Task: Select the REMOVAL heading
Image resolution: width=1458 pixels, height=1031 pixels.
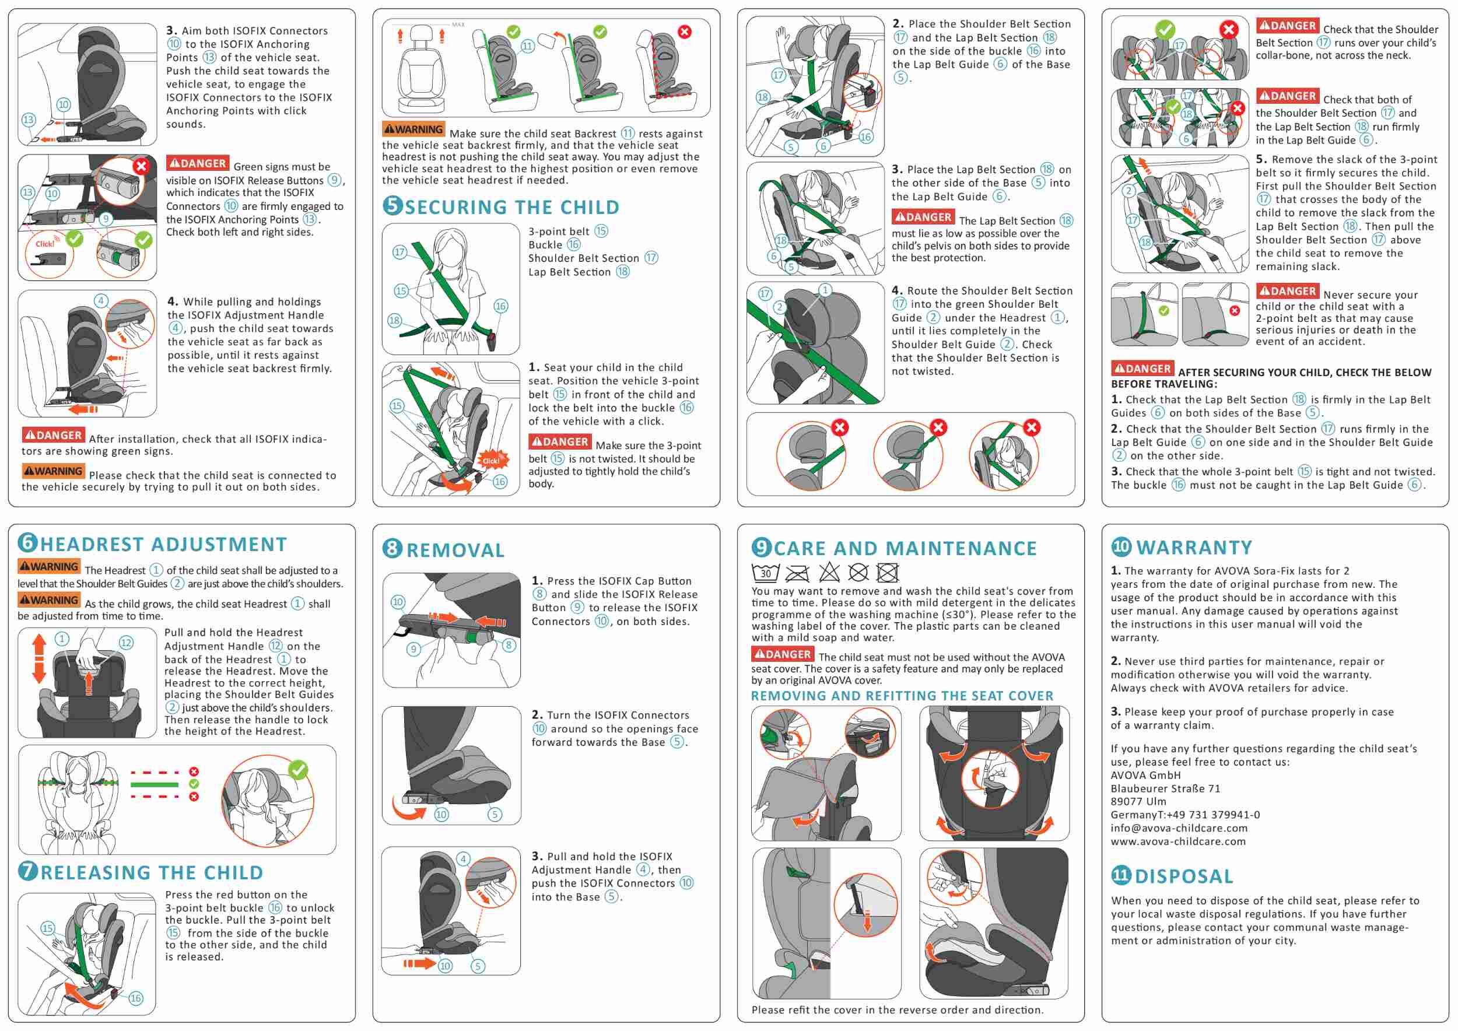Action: click(455, 550)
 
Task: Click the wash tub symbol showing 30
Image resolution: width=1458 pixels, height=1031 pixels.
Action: click(765, 573)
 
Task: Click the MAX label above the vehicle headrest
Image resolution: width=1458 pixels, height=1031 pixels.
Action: click(458, 24)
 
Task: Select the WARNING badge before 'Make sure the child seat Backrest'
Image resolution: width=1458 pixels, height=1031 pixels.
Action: click(413, 129)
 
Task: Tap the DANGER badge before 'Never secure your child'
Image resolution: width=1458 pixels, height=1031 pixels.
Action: click(1287, 292)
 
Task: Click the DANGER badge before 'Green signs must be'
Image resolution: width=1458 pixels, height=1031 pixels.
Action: click(197, 163)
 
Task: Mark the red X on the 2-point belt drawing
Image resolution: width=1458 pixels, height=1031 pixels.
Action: click(1235, 310)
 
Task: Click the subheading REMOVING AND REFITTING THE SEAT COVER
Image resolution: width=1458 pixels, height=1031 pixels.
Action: click(902, 696)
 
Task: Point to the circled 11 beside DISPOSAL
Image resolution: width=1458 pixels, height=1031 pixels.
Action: click(1121, 875)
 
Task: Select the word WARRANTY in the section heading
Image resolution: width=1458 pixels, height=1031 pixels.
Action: click(1194, 547)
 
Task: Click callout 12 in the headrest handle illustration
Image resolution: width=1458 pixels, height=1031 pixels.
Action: click(127, 643)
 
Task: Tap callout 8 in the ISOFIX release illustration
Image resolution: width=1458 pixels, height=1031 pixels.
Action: click(509, 645)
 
